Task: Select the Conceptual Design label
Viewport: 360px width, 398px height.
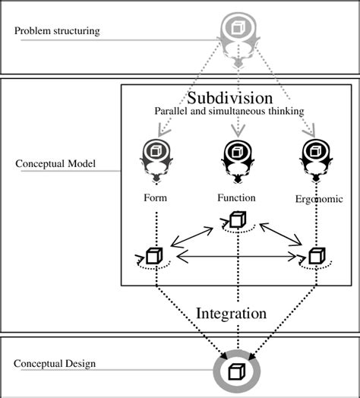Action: (x=49, y=363)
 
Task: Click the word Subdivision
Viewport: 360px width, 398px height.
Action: (x=229, y=98)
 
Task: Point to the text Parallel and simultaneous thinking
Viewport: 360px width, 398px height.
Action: (x=229, y=112)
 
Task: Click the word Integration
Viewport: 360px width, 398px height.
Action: (x=232, y=313)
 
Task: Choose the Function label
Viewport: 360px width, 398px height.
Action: (x=235, y=197)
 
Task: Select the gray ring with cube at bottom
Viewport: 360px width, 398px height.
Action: (x=236, y=372)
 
